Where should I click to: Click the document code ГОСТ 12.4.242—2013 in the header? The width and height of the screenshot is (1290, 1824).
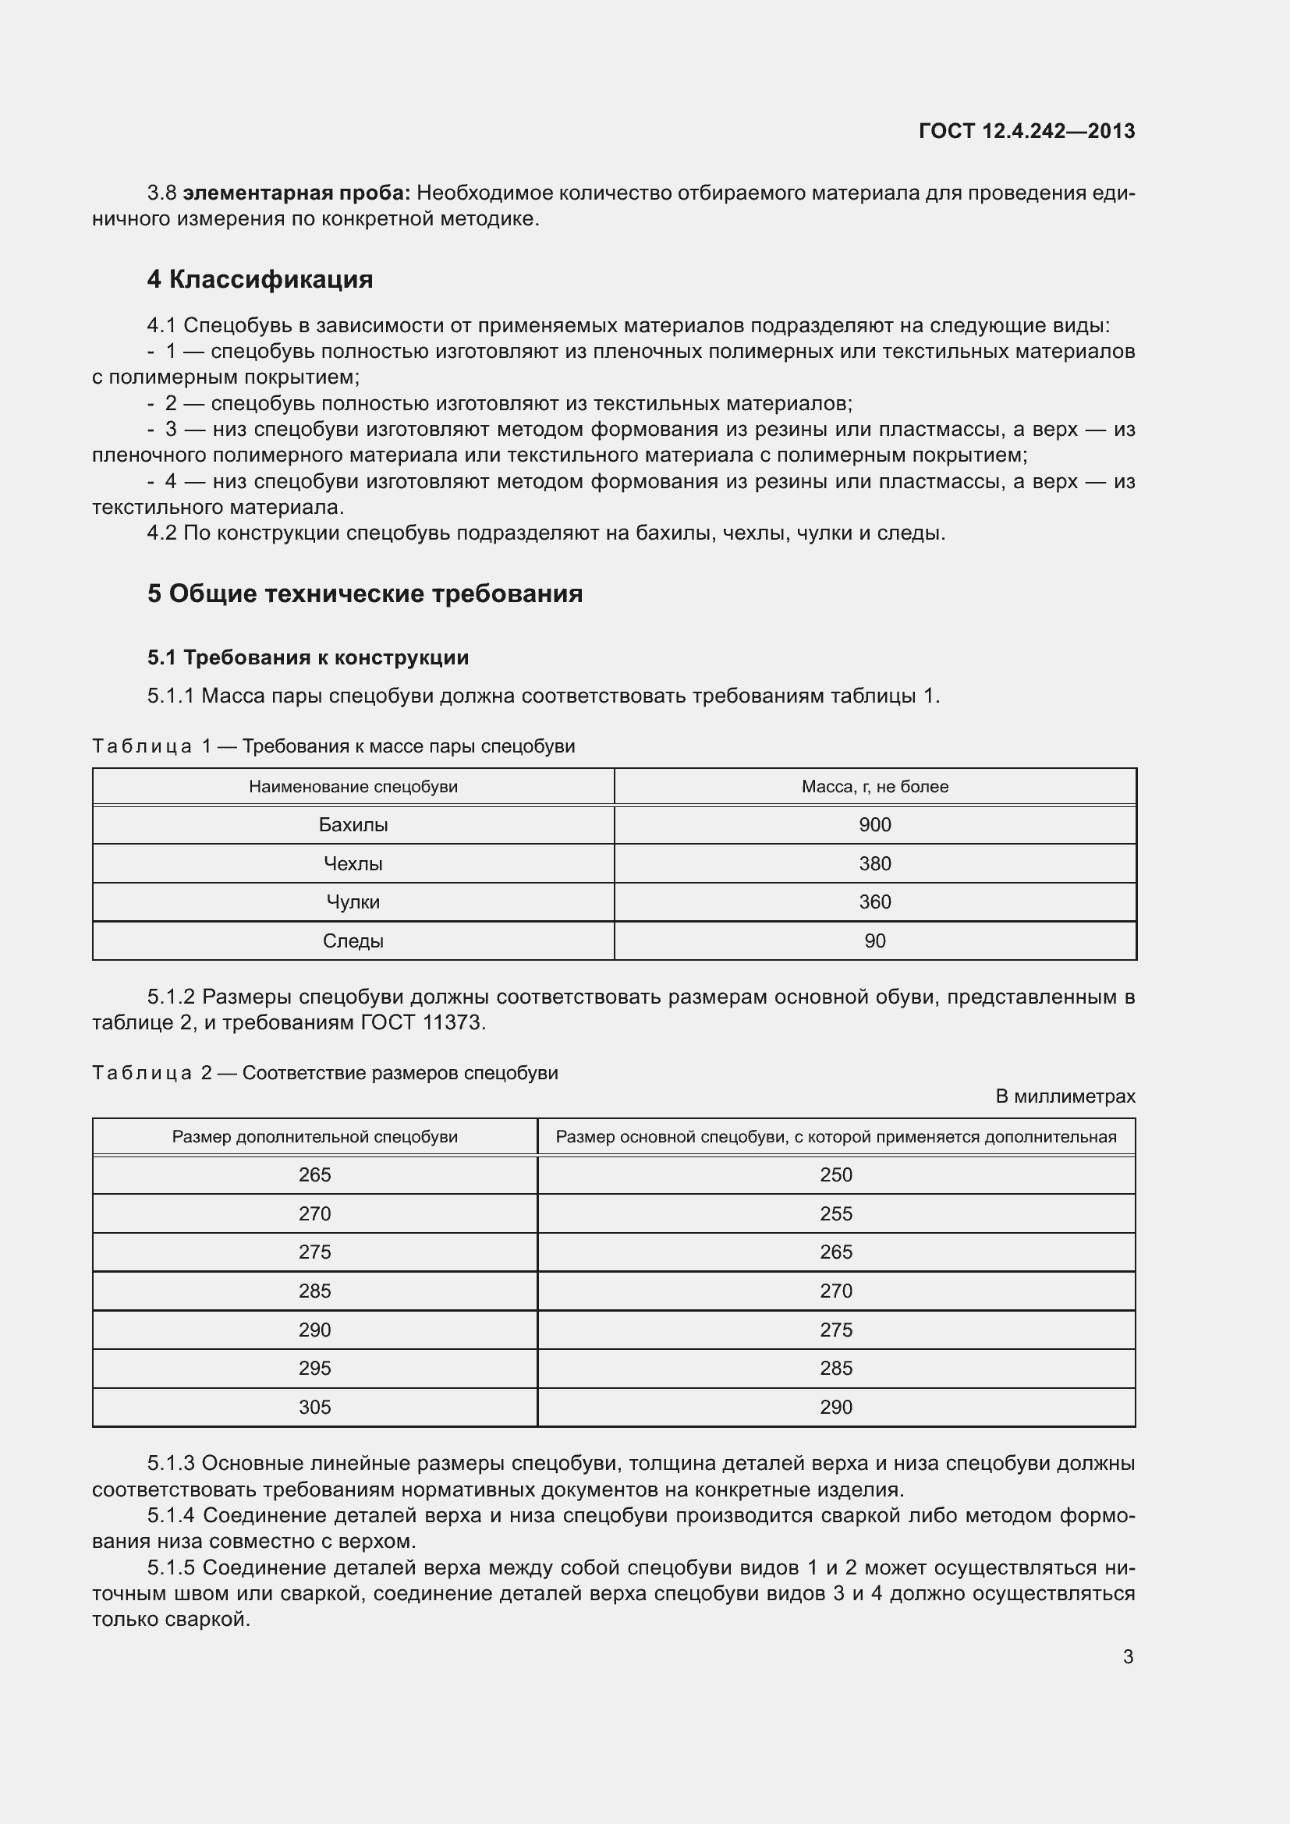coord(1026,131)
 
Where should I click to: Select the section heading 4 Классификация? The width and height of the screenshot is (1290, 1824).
coord(260,280)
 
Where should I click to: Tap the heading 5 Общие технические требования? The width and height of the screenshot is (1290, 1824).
coord(364,593)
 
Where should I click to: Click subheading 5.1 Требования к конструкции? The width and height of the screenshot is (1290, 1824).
coord(308,658)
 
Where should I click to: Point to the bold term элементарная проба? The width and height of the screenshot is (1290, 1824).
coord(296,193)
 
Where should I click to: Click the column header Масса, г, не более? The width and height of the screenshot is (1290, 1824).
coord(874,787)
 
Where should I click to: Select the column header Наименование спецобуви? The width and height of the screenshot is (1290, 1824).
coord(353,787)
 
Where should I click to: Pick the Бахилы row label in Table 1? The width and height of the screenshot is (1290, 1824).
coord(353,824)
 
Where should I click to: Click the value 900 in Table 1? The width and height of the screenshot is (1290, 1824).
coord(874,824)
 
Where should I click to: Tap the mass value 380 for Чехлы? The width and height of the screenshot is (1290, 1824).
coord(874,863)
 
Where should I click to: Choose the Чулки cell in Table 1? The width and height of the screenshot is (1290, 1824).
coord(353,901)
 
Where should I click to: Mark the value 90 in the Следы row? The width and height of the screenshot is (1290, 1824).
coord(874,940)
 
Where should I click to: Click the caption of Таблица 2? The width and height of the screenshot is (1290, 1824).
coord(325,1073)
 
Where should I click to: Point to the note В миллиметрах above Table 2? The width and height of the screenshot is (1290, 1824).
coord(1065,1096)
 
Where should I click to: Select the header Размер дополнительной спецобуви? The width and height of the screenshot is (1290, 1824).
coord(314,1137)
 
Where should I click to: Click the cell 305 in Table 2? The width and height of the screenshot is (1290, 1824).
coord(314,1407)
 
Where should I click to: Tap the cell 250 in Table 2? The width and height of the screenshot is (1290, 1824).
coord(835,1175)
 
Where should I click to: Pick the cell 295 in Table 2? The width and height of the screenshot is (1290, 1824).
coord(314,1368)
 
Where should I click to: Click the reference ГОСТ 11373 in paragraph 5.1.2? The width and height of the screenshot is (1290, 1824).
coord(422,1022)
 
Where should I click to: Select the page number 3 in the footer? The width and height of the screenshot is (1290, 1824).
coord(1128,1656)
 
